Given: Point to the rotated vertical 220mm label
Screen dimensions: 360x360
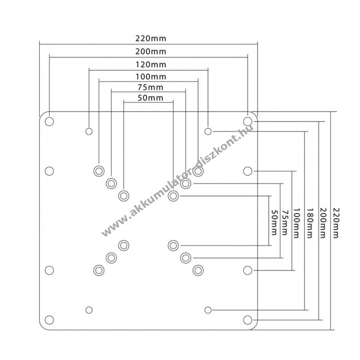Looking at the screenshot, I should point(336,222).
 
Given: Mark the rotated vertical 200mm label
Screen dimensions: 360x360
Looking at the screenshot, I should point(323,222).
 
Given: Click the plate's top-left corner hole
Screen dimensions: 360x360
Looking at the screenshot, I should point(49,121).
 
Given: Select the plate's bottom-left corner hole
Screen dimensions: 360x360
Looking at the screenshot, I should point(49,320).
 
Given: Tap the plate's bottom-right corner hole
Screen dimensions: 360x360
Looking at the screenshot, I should point(248,320).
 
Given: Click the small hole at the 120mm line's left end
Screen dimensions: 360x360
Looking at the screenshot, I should point(89,131).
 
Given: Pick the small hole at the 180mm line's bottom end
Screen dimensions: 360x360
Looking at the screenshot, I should point(208,310).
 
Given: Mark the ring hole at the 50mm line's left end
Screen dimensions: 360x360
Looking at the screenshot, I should point(124,196).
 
